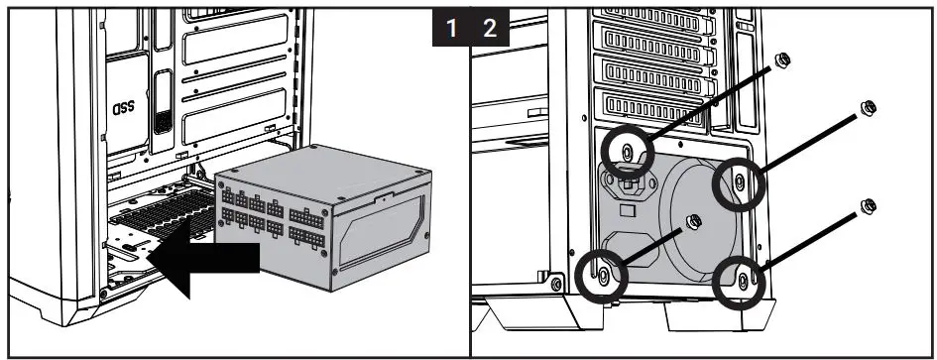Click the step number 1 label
[x=452, y=27]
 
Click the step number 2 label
[x=490, y=27]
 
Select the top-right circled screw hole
[x=739, y=181]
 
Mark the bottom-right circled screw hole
[x=741, y=282]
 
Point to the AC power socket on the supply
[x=629, y=185]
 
